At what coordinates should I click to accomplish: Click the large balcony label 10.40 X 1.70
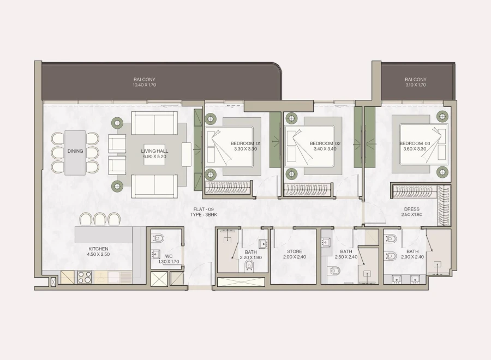pos(145,82)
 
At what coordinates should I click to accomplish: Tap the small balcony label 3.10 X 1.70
pos(416,82)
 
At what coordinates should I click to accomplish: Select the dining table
pos(75,152)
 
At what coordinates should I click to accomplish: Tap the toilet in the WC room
pos(159,239)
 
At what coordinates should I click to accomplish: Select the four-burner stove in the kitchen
pos(85,277)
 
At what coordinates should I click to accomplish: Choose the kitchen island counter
pos(104,235)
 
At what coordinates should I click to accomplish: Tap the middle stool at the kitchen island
pos(100,219)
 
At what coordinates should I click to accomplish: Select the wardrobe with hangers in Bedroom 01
pos(228,189)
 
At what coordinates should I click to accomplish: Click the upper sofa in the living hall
pos(154,123)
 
